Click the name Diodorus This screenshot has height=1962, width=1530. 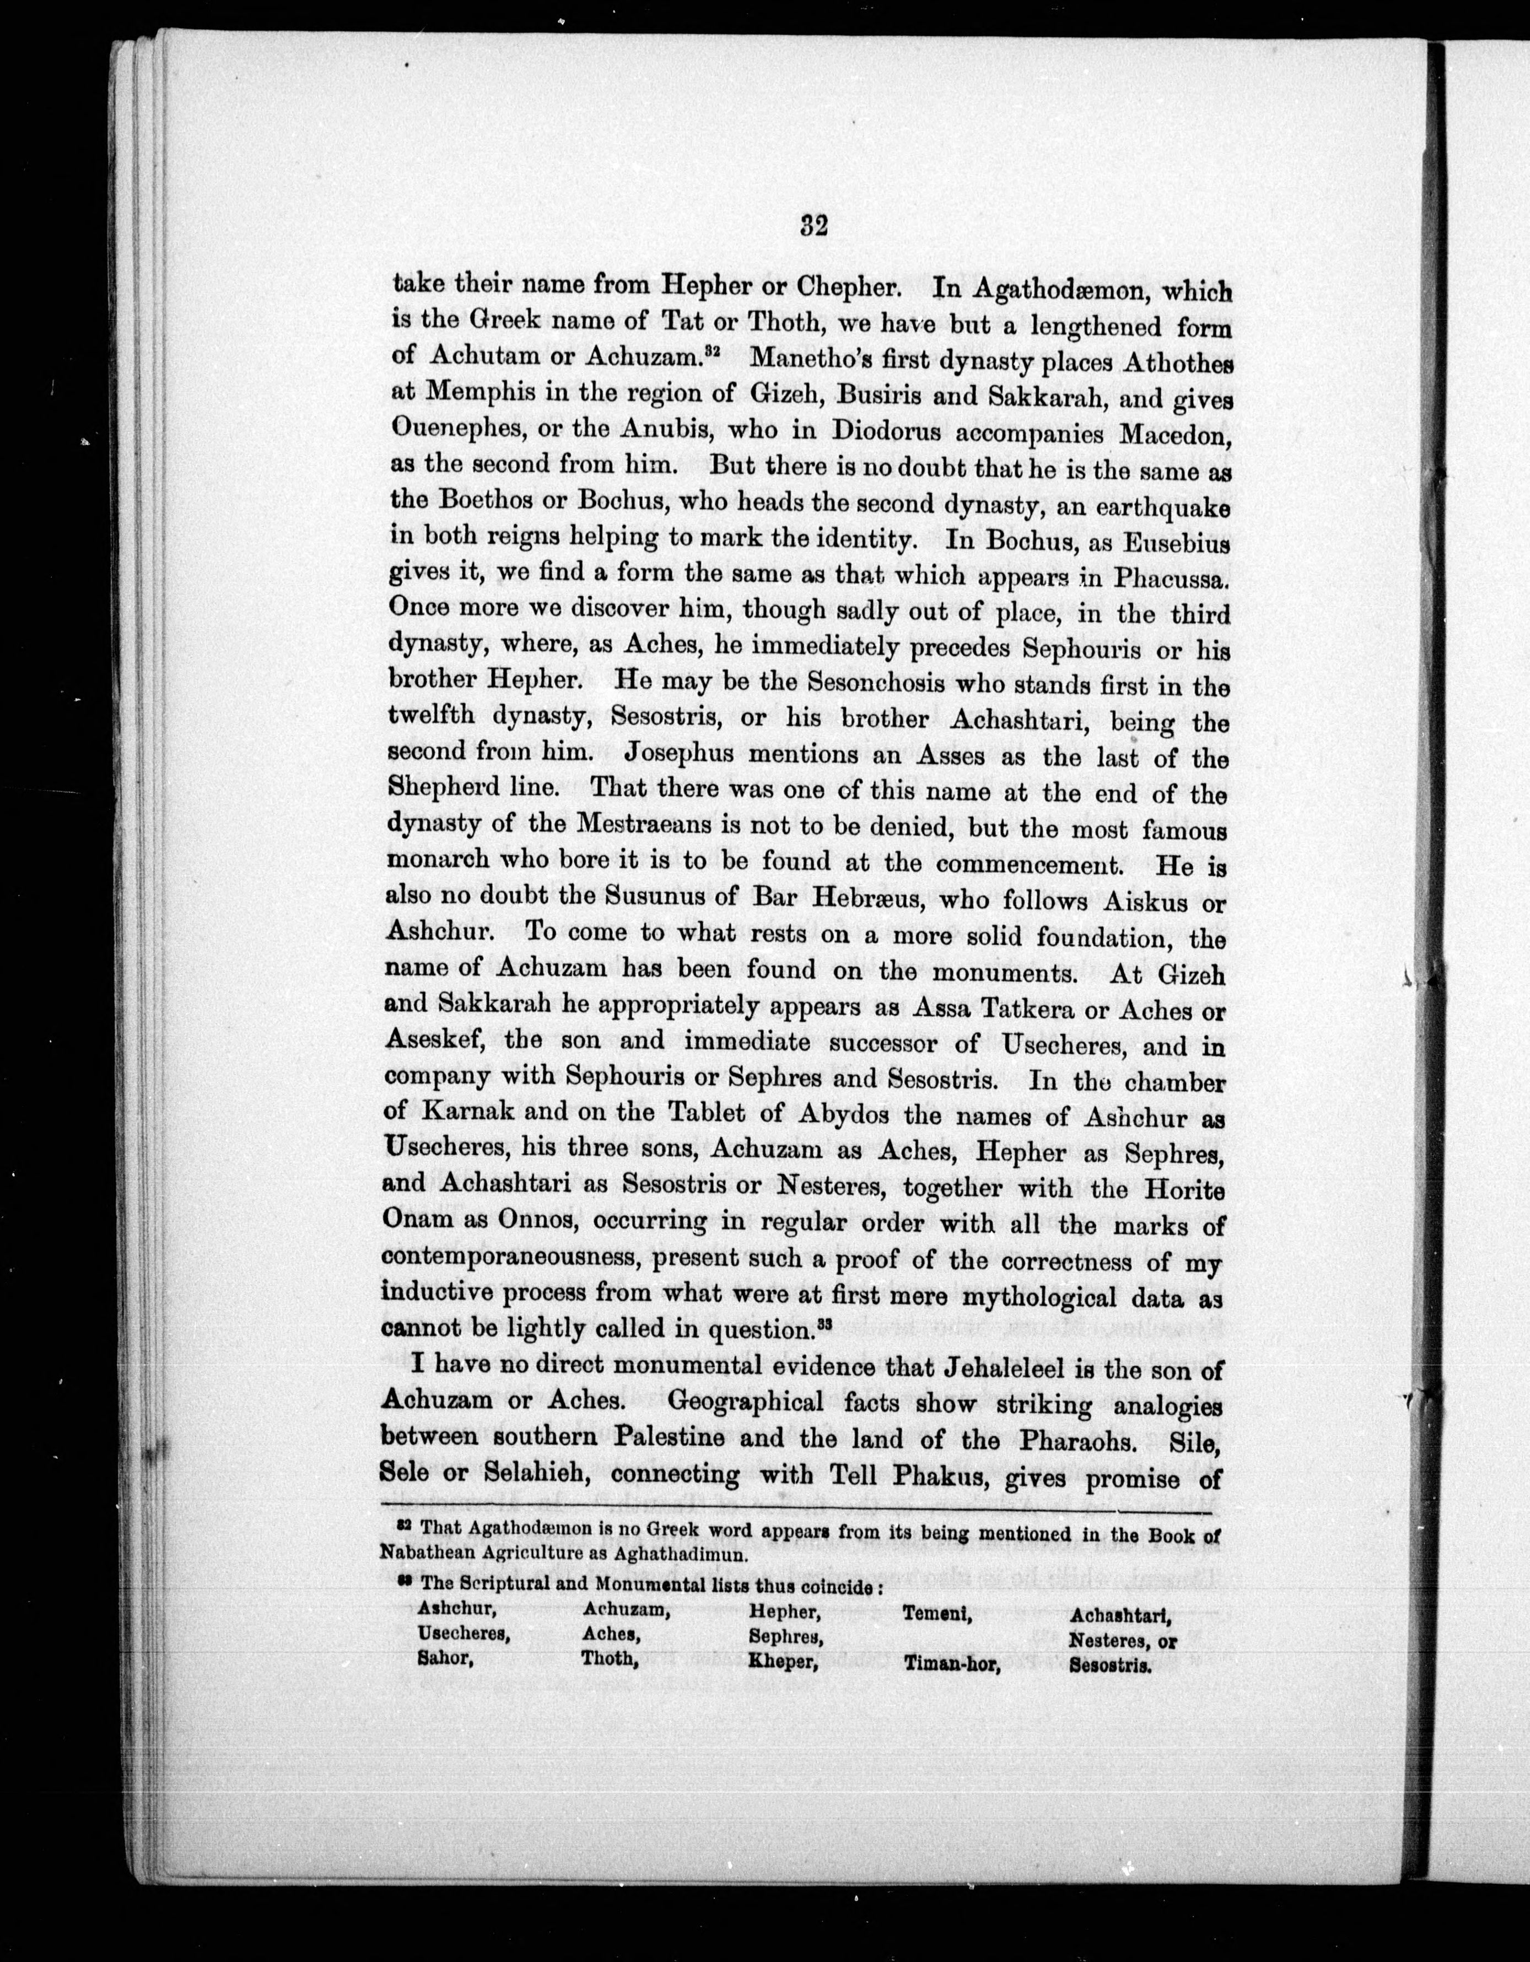907,429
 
